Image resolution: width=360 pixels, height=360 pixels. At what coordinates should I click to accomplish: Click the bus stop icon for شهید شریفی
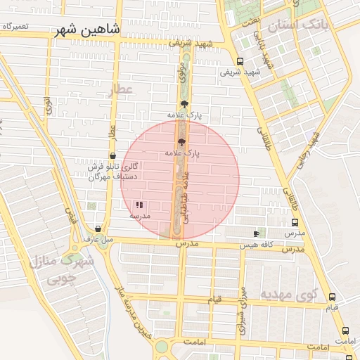click(x=240, y=61)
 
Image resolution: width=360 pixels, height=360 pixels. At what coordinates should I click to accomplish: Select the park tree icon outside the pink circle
click(x=184, y=104)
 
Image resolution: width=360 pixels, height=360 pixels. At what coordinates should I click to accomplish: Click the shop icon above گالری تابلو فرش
click(x=112, y=156)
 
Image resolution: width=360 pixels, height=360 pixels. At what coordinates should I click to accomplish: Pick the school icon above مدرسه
click(x=139, y=205)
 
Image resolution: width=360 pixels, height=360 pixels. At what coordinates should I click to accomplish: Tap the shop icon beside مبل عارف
click(x=98, y=229)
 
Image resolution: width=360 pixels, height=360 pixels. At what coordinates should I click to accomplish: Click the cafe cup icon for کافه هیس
click(x=256, y=233)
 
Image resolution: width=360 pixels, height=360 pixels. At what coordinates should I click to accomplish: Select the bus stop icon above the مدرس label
click(x=295, y=221)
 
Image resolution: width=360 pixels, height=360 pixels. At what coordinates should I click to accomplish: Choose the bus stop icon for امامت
click(x=345, y=330)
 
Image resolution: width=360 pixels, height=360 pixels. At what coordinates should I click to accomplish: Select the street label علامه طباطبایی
click(x=186, y=198)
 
